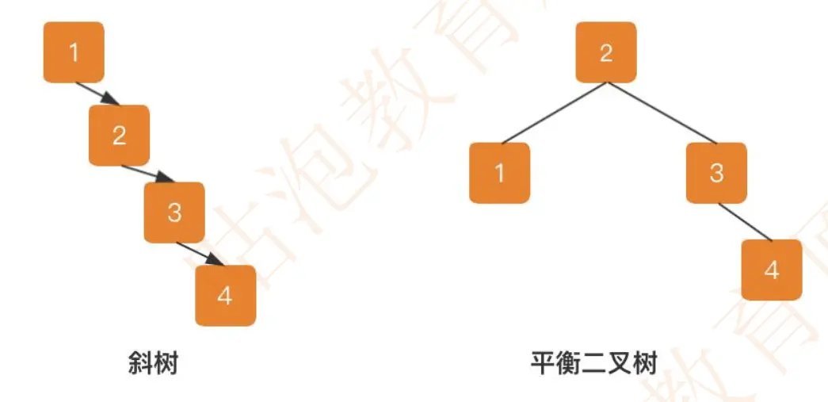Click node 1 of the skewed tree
coord(74,52)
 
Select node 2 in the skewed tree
coord(120,136)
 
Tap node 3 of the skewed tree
coord(174,212)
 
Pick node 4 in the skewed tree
coord(226,296)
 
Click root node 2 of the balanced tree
coord(605,52)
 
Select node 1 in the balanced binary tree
coord(499,173)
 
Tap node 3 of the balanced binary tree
coord(716,173)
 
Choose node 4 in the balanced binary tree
coord(772,270)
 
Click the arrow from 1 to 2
coord(98,94)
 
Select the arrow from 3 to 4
coord(200,254)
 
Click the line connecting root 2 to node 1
coord(555,113)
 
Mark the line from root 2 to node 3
coord(662,113)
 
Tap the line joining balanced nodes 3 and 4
coord(745,222)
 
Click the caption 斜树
coord(153,363)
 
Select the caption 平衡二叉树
coord(594,363)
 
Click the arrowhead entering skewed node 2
coord(112,99)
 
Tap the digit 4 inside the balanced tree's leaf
coord(772,270)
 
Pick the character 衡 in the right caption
coord(569,363)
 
